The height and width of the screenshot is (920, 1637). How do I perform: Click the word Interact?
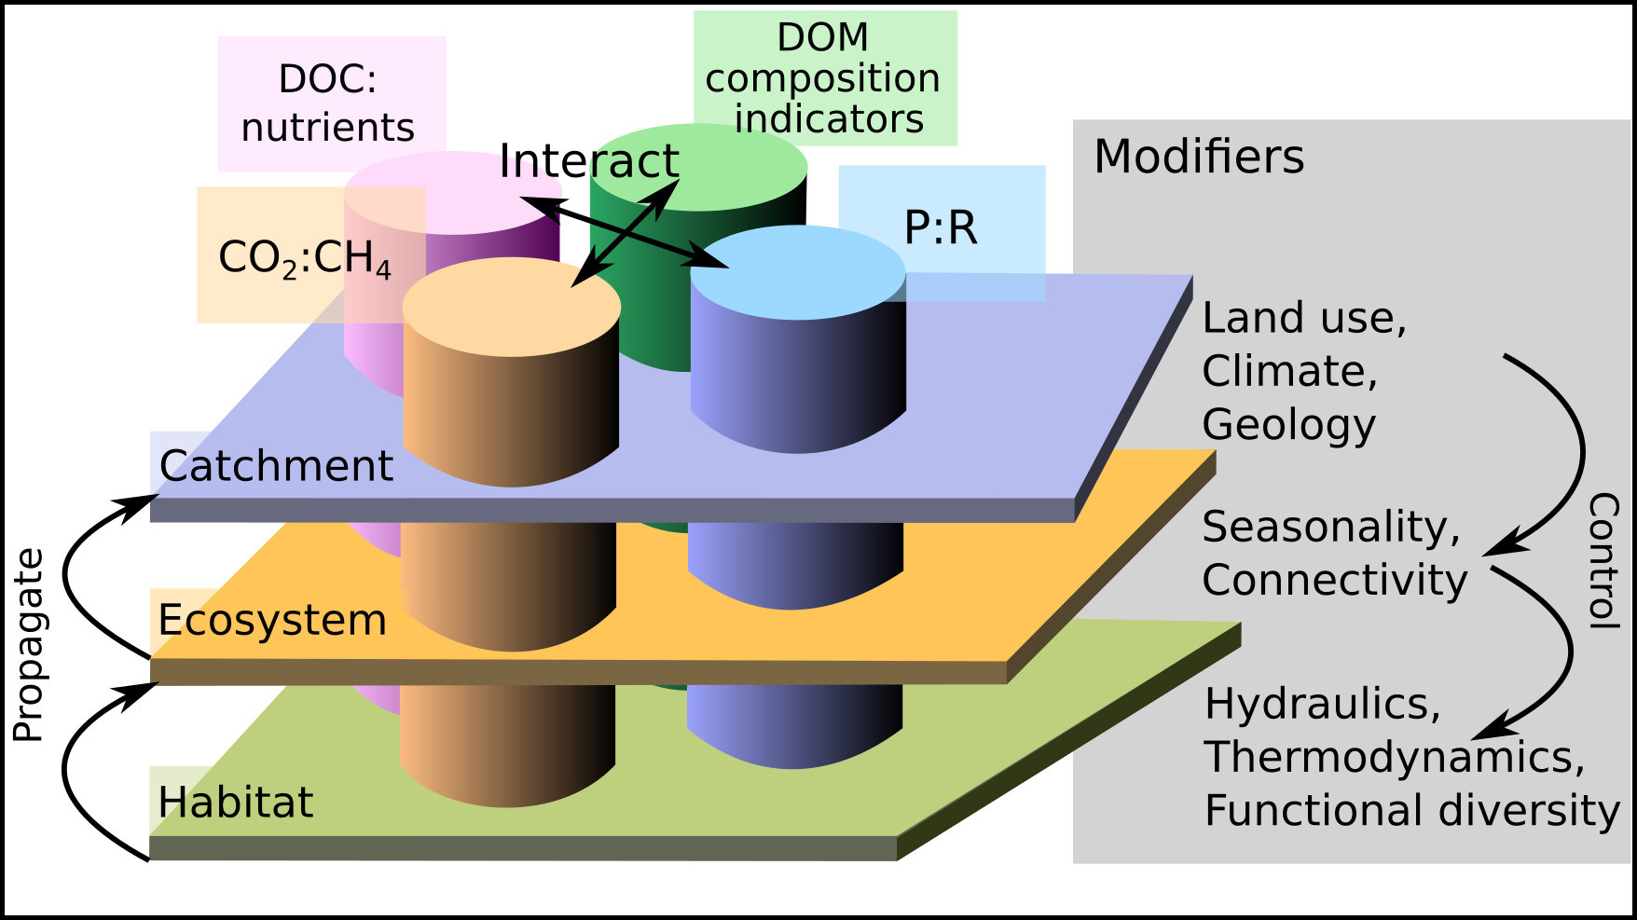(x=588, y=160)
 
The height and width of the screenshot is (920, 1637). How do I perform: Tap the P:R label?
(x=941, y=227)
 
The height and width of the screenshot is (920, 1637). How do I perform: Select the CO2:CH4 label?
(x=304, y=257)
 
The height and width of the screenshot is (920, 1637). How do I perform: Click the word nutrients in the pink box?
(x=327, y=127)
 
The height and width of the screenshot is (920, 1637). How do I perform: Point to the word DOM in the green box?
(x=822, y=37)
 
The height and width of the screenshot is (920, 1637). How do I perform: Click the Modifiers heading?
(x=1198, y=156)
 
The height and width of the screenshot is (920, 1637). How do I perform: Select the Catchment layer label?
(x=276, y=465)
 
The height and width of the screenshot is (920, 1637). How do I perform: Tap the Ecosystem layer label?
(x=272, y=620)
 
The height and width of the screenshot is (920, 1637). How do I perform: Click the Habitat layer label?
(x=235, y=802)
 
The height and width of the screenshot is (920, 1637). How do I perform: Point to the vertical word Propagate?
(x=28, y=645)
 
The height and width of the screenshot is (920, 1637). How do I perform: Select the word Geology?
(x=1288, y=424)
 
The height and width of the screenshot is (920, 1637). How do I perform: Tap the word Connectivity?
(x=1334, y=580)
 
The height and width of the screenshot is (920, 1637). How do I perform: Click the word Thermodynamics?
(x=1394, y=757)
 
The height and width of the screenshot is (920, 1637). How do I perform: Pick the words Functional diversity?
(x=1411, y=809)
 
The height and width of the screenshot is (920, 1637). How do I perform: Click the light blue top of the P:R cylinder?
(x=798, y=270)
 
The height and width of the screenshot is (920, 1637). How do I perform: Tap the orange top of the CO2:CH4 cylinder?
(x=512, y=306)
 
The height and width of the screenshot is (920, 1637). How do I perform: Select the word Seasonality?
(x=1330, y=527)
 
